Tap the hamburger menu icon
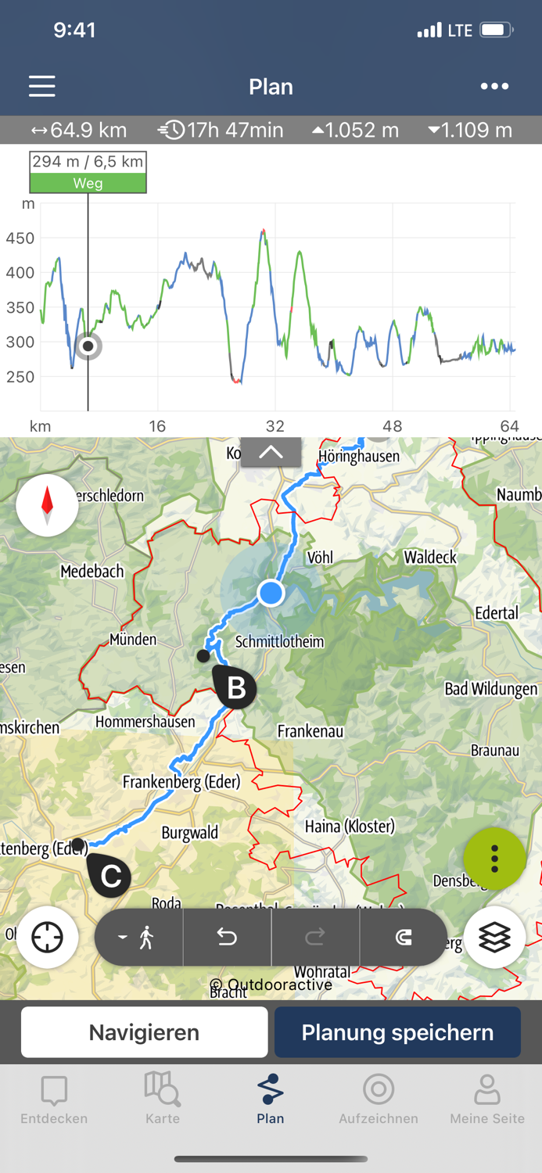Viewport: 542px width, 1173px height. click(x=42, y=86)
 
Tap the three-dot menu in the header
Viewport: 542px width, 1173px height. click(x=494, y=86)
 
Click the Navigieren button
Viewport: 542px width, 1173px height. click(x=145, y=1032)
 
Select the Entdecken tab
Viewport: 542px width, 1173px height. click(x=54, y=1099)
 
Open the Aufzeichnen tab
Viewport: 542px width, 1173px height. click(x=379, y=1099)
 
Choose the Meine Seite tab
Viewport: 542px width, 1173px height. click(x=486, y=1099)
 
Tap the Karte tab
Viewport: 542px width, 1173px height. click(x=163, y=1099)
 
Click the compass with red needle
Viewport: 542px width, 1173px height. click(x=47, y=505)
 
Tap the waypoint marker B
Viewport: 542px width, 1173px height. click(x=235, y=687)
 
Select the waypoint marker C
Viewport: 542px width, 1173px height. click(x=110, y=875)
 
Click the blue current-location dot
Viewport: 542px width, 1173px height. click(x=271, y=593)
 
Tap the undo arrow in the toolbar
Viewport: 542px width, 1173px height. click(x=227, y=937)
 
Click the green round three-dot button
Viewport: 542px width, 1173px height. click(x=494, y=859)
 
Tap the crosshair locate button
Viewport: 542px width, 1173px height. click(x=47, y=937)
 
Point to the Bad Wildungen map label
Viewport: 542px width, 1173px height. click(x=491, y=689)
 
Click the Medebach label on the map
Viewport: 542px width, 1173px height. click(x=92, y=572)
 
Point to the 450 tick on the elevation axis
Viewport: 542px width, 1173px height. click(x=20, y=239)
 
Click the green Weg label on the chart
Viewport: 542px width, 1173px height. click(x=88, y=183)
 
